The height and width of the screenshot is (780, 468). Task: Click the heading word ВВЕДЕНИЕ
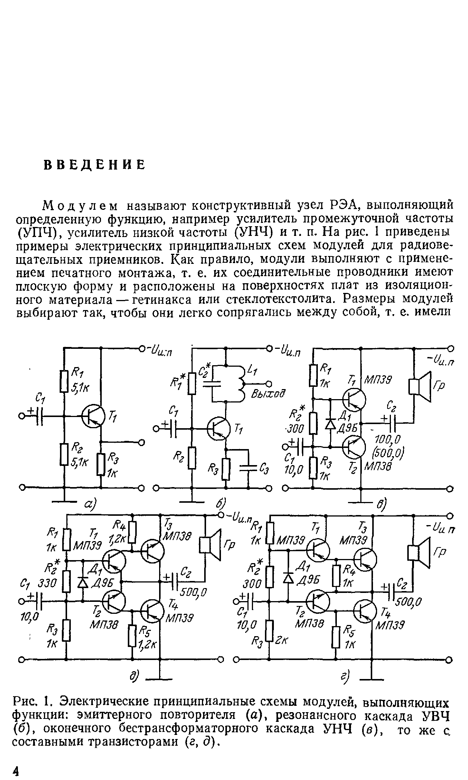coord(94,165)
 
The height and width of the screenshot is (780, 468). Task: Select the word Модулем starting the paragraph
coord(80,205)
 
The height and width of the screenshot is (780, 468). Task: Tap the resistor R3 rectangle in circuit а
coord(101,464)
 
